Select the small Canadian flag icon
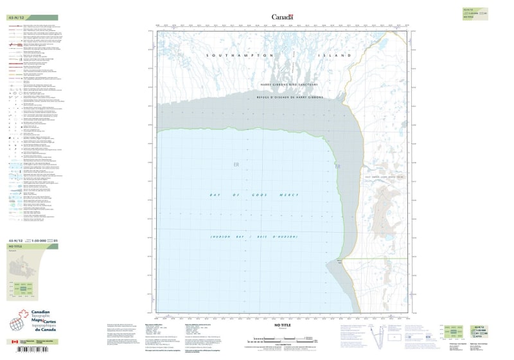click(13, 342)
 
